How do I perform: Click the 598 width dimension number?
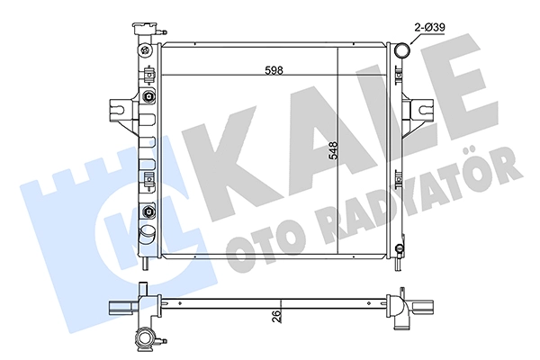tap(274, 70)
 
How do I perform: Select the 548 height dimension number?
tap(333, 150)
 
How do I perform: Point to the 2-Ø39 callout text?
tap(429, 27)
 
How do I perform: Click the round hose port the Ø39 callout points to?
tap(401, 50)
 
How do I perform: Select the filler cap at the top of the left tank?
tap(145, 29)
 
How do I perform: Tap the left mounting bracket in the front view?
tap(122, 111)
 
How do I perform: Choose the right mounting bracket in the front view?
tap(418, 110)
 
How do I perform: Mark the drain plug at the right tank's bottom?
tap(398, 249)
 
